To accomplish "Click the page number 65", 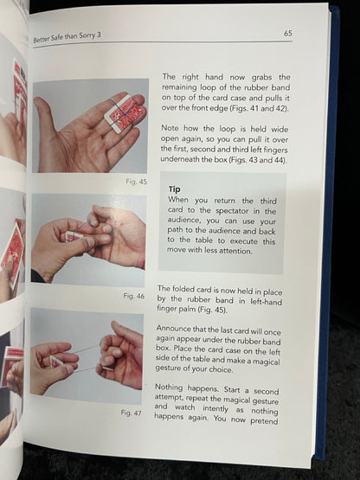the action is (287, 33).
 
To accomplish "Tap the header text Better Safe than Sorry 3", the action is (67, 37).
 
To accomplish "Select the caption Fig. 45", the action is (137, 182).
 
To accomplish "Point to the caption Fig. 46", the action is (134, 296).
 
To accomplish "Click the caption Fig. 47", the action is (132, 413).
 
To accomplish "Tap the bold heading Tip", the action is (174, 189).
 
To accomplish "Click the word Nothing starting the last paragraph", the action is (170, 387).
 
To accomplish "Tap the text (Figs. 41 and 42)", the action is (260, 108).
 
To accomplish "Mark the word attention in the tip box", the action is (235, 252).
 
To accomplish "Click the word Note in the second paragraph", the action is (170, 128).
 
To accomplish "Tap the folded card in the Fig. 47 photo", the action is (56, 362).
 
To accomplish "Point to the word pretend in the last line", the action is (264, 420).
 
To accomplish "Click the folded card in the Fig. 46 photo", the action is (74, 237).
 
